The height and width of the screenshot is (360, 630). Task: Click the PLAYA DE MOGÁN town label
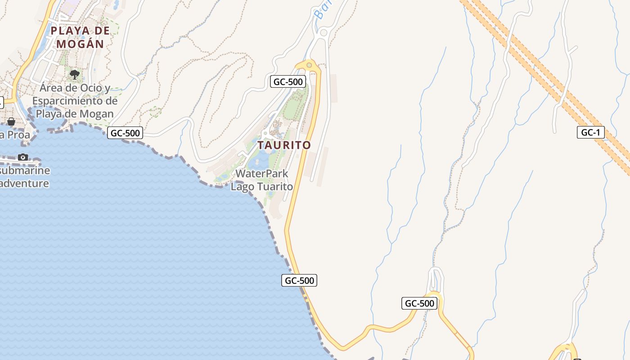[x=80, y=37]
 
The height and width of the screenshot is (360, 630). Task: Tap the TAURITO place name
[x=284, y=145]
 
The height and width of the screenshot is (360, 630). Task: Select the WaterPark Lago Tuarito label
[x=261, y=180]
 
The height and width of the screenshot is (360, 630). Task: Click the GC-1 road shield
[x=590, y=132]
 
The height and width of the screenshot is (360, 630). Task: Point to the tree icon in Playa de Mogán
[x=75, y=74]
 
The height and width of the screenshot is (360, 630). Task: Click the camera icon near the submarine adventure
[x=23, y=157]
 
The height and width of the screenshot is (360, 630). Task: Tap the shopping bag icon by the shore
[x=11, y=121]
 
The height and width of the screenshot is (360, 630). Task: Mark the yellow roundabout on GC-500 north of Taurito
[x=309, y=66]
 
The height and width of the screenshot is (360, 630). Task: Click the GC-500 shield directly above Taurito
[x=288, y=82]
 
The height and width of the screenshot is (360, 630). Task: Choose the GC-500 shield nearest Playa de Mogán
[x=126, y=133]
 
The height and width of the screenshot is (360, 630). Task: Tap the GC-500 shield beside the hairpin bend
[x=419, y=303]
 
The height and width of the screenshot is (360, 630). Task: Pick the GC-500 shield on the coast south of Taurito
[x=300, y=280]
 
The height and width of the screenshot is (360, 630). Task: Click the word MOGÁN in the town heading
[x=80, y=44]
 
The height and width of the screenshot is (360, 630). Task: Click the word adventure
[x=25, y=184]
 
